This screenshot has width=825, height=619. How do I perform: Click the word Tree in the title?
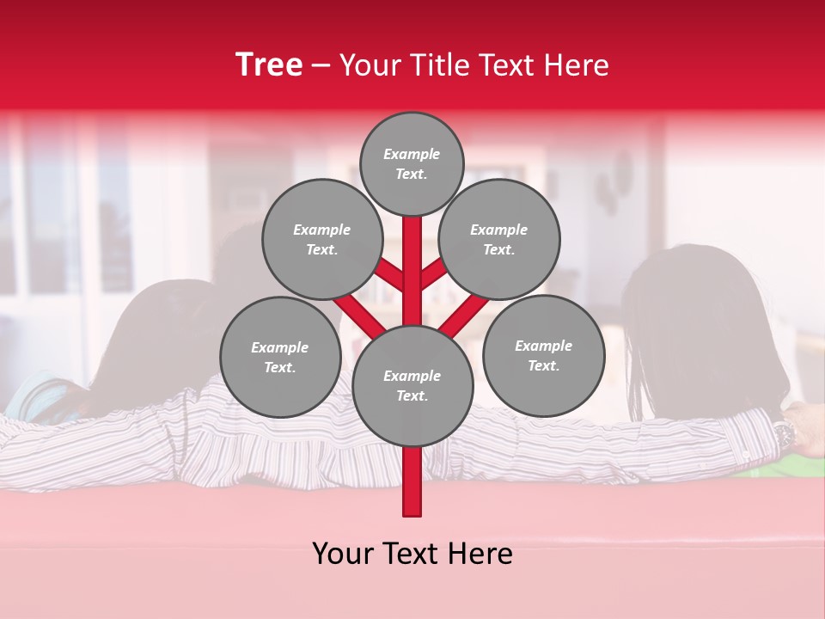click(269, 65)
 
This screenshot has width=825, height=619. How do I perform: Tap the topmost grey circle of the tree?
click(412, 163)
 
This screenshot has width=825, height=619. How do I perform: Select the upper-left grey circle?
click(321, 239)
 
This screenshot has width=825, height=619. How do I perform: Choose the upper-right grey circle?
click(499, 239)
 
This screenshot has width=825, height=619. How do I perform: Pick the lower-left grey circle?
click(280, 357)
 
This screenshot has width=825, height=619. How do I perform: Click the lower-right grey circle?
click(543, 355)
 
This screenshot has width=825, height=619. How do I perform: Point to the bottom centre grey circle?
click(412, 385)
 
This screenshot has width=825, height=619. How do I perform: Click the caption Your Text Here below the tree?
click(412, 554)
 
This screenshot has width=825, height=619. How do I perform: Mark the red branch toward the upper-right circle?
click(432, 274)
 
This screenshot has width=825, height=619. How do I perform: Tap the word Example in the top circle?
click(412, 154)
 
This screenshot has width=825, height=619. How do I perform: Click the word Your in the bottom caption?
click(341, 554)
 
